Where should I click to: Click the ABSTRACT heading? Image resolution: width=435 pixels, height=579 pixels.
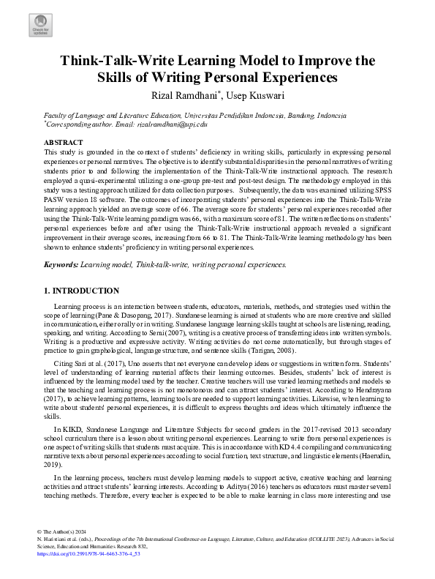64,142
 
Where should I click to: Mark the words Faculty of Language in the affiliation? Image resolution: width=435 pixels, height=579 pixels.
75,116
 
